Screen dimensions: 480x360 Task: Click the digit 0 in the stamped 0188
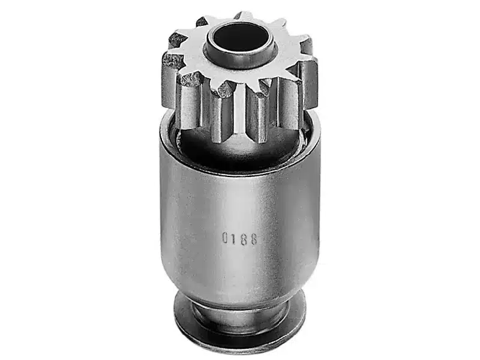point(225,238)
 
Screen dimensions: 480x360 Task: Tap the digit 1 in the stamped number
point(235,238)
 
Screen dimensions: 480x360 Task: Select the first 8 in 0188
point(244,239)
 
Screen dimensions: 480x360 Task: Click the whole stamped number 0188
point(239,239)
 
